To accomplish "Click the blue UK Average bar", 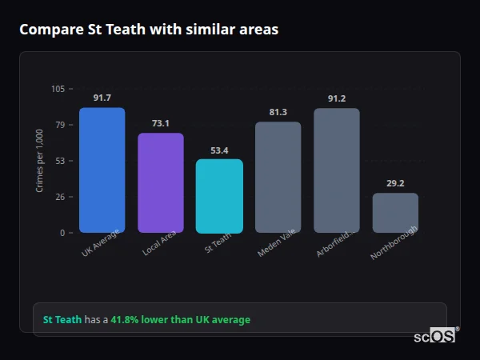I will [102, 170].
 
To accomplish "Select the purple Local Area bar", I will [161, 183].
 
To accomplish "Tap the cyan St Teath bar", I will [219, 196].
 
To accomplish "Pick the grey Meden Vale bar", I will [278, 178].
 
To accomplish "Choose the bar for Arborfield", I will [337, 170].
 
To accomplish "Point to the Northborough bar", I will [395, 213].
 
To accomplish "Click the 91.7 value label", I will [102, 98].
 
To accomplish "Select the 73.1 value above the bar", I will [161, 123].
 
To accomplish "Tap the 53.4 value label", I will [219, 150].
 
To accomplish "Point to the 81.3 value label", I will [278, 112].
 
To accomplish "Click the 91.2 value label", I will [337, 98].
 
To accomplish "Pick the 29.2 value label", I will [395, 183].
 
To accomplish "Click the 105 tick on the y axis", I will [58, 89].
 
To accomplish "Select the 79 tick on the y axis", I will [60, 125].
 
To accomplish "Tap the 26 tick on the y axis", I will [60, 197].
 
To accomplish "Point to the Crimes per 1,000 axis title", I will [39, 161].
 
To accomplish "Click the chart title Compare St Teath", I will [149, 30].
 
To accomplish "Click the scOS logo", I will [435, 336].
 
